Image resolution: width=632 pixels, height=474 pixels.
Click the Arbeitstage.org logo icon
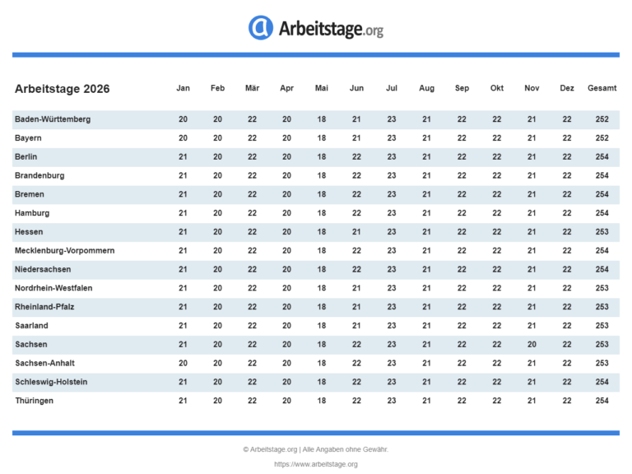[261, 28]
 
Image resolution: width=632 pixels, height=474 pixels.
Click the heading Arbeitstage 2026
[62, 89]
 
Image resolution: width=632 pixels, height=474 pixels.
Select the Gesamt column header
[602, 88]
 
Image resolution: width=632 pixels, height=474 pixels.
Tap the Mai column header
[322, 88]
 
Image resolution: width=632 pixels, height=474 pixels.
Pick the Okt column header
[497, 88]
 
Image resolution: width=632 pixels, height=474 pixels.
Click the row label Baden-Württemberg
[53, 119]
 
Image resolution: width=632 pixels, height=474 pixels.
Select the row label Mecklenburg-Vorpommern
[64, 250]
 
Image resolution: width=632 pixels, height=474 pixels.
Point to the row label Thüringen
[35, 400]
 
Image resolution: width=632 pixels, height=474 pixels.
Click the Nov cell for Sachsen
[532, 344]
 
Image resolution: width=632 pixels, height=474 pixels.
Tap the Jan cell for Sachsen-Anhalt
[183, 363]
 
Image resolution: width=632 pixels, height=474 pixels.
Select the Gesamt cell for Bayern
[602, 138]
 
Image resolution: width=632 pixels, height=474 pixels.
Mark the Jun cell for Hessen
[356, 232]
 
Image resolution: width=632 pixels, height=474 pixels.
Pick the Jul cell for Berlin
[392, 156]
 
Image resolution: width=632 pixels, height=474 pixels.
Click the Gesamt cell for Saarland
[602, 325]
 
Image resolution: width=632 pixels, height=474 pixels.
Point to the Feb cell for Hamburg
[217, 213]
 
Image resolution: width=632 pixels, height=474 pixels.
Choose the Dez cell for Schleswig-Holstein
[567, 382]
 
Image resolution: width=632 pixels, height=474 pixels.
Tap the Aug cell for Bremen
[426, 194]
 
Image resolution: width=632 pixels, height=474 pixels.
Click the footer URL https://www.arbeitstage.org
[316, 464]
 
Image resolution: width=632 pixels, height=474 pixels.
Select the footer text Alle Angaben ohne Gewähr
[346, 449]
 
